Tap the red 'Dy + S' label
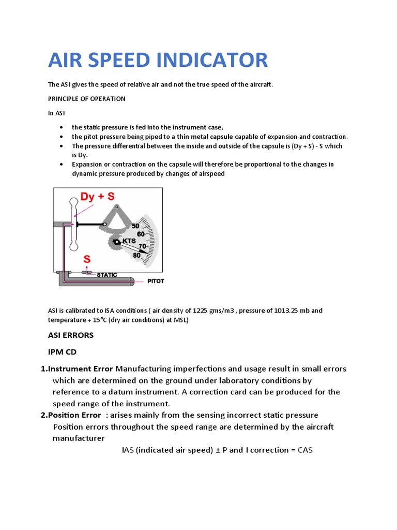pyautogui.click(x=97, y=196)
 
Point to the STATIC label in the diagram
pyautogui.click(x=107, y=275)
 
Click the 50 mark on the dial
pyautogui.click(x=135, y=226)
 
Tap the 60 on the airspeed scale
pyautogui.click(x=141, y=234)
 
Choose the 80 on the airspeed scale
pyautogui.click(x=136, y=255)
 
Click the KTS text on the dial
pyautogui.click(x=129, y=242)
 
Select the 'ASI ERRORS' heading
pyautogui.click(x=71, y=335)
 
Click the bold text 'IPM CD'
pyautogui.click(x=62, y=352)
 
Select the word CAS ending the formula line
pyautogui.click(x=306, y=450)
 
